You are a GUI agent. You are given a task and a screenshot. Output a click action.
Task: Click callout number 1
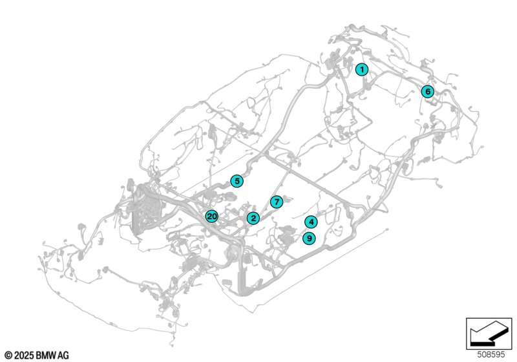tap(363, 69)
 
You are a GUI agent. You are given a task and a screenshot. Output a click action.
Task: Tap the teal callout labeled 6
tap(427, 92)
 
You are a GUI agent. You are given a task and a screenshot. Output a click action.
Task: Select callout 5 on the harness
tap(238, 182)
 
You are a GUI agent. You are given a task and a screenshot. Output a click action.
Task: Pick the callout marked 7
tap(276, 202)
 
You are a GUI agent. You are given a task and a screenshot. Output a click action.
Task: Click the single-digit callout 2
tap(253, 218)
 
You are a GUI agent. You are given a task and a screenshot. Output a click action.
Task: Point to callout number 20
tap(211, 217)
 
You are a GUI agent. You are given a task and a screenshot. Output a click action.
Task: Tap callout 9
tap(310, 238)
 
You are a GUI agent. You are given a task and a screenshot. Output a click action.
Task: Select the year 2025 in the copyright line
tap(24, 355)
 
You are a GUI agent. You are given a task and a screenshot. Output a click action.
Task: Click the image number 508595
tap(492, 355)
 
